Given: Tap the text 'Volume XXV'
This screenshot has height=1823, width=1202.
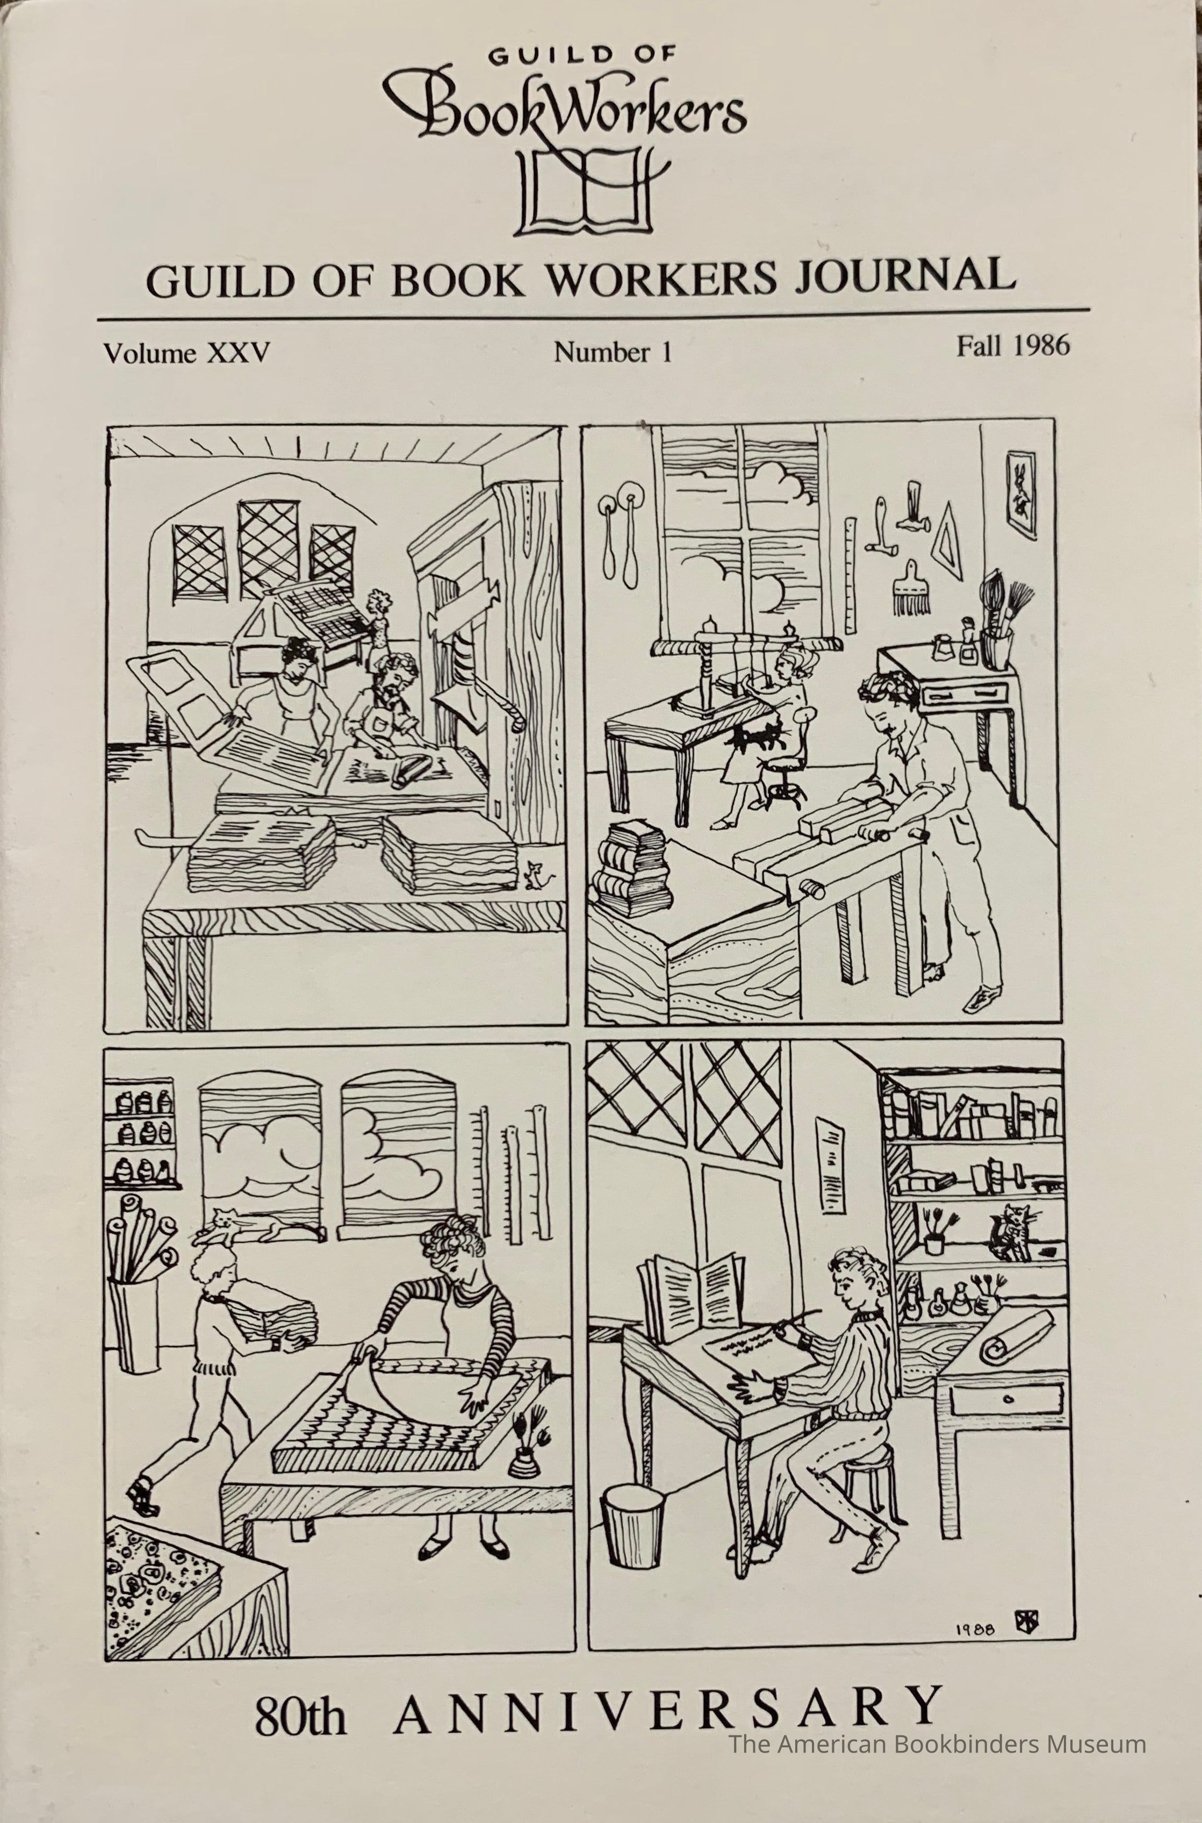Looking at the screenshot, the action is click(187, 354).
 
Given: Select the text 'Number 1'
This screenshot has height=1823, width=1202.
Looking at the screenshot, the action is click(613, 352).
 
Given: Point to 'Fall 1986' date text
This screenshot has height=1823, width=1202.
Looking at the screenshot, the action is click(1012, 347).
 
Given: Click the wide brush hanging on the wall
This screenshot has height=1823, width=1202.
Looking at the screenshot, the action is click(911, 588).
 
